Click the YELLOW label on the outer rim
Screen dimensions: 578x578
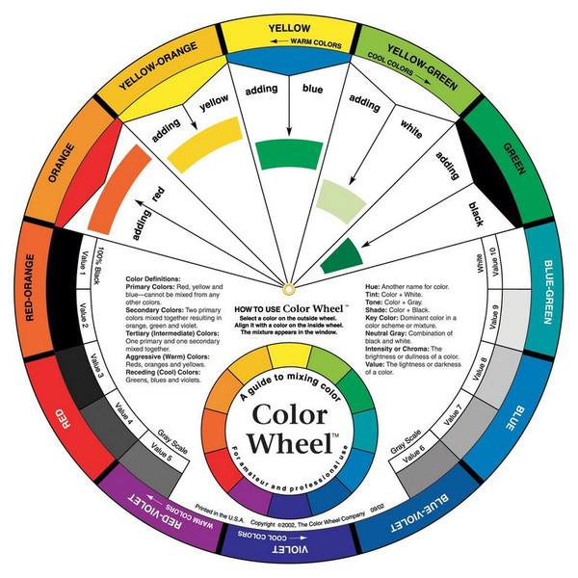(289, 29)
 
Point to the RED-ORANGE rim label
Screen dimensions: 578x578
(29, 289)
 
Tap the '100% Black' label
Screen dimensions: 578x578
(95, 258)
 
